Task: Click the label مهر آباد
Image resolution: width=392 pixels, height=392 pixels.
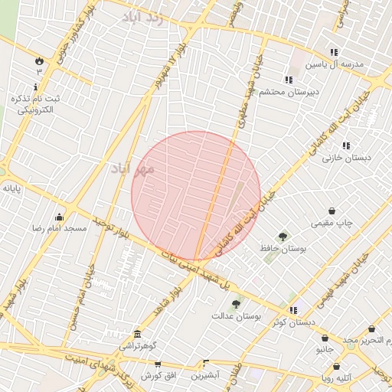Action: [132, 168]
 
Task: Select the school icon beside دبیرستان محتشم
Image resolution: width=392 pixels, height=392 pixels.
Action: [288, 80]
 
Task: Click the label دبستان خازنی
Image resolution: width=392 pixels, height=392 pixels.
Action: [347, 158]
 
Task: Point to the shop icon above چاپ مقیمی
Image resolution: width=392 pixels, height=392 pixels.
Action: [332, 211]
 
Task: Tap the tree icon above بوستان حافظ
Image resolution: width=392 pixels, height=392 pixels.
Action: [283, 237]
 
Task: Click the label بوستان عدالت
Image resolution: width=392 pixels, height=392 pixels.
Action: [237, 315]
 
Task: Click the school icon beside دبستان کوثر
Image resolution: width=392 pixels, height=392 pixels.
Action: [293, 310]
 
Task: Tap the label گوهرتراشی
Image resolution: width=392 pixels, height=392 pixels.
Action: [137, 347]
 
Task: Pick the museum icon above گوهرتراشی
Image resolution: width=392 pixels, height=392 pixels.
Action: [137, 335]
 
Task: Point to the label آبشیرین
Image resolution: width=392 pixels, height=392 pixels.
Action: [205, 376]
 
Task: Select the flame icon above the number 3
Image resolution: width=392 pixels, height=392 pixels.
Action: [38, 60]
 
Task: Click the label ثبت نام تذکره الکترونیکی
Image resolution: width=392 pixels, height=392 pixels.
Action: [31, 104]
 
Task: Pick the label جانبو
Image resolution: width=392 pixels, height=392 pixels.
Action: [325, 349]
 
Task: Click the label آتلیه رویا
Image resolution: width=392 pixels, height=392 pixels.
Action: [337, 377]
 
